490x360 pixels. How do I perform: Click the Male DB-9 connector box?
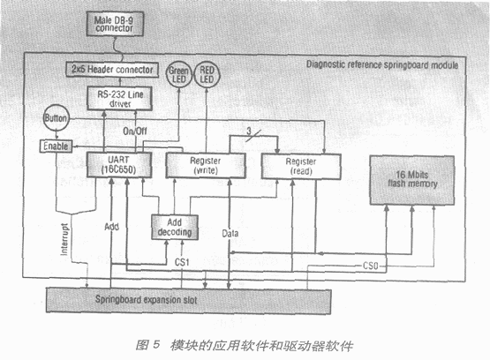coord(112,23)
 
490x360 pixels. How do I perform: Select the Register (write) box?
coord(209,166)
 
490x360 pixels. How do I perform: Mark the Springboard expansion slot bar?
coord(177,300)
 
